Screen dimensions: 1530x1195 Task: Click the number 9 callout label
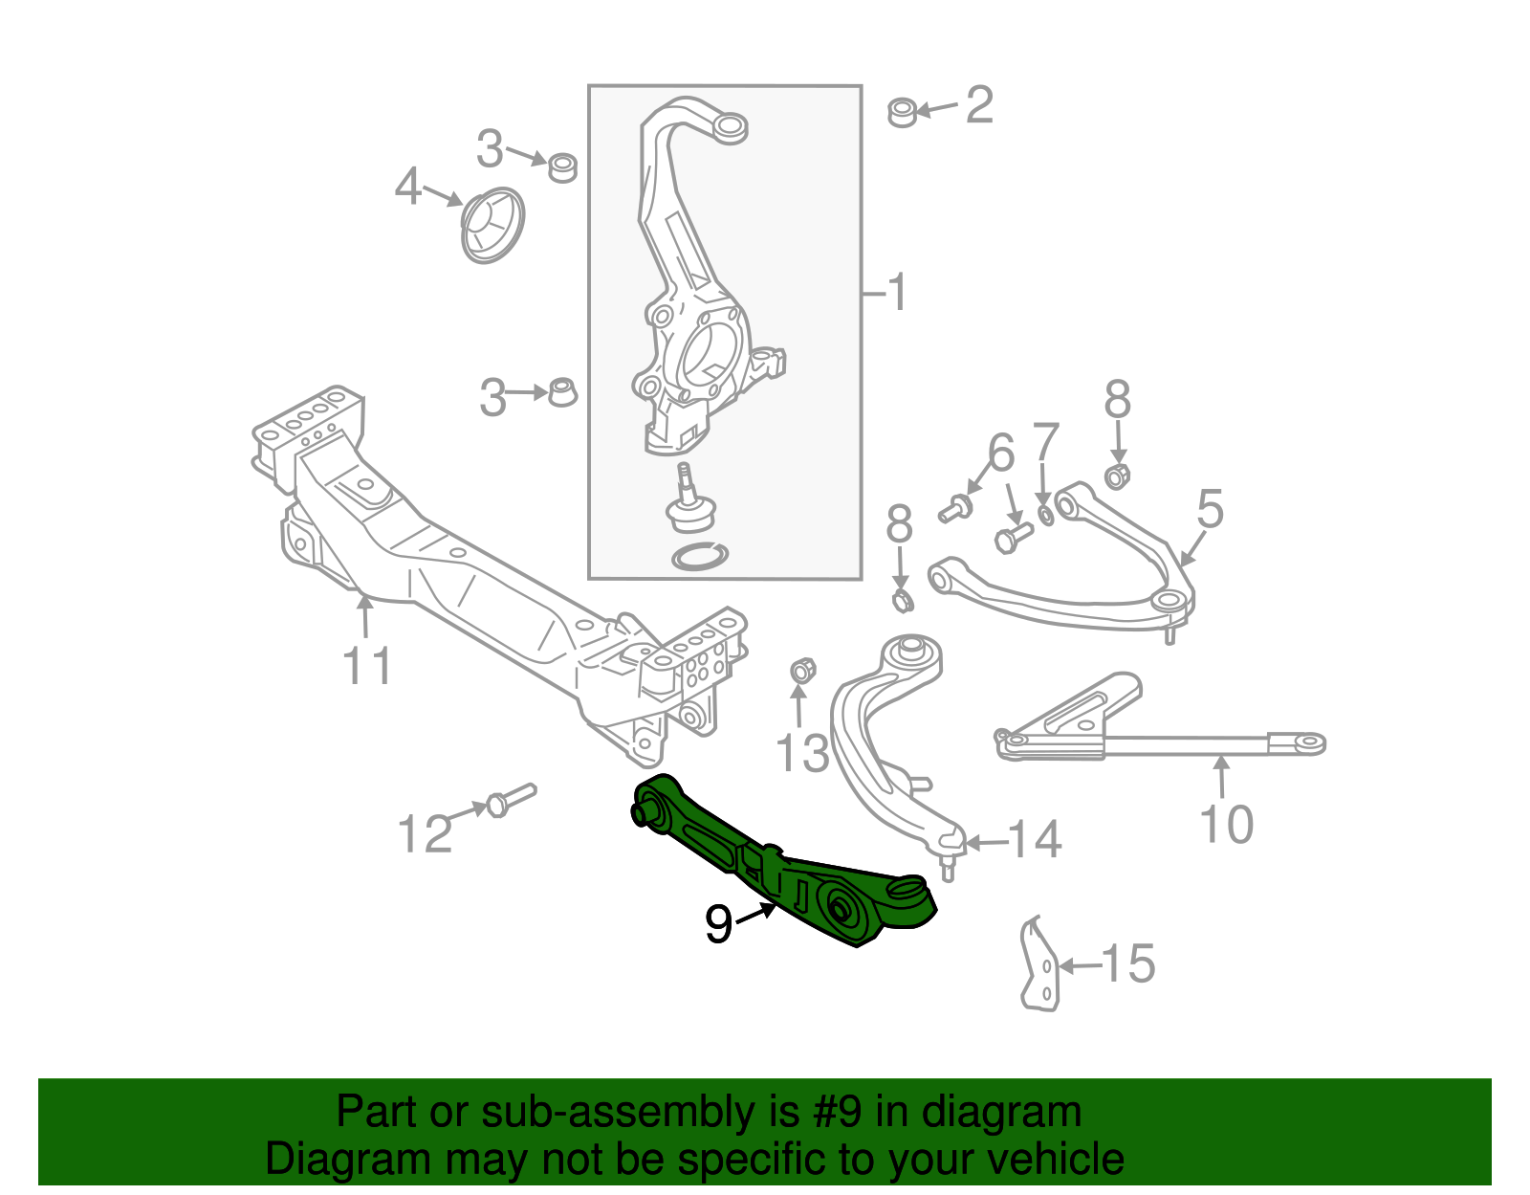tap(718, 923)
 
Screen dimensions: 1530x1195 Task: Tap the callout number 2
tap(979, 104)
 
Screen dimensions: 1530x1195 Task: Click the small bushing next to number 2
tap(902, 112)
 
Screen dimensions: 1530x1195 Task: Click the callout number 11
tap(368, 666)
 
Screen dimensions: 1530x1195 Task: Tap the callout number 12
tap(425, 834)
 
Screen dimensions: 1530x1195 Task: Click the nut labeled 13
tap(801, 671)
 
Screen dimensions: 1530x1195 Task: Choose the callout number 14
tap(1034, 840)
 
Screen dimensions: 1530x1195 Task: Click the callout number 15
tap(1128, 963)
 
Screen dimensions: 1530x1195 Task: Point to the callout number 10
tap(1226, 825)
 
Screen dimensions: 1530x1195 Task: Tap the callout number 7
tap(1046, 443)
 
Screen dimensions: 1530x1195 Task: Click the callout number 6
tap(1000, 453)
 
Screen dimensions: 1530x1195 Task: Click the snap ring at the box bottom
tap(700, 555)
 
